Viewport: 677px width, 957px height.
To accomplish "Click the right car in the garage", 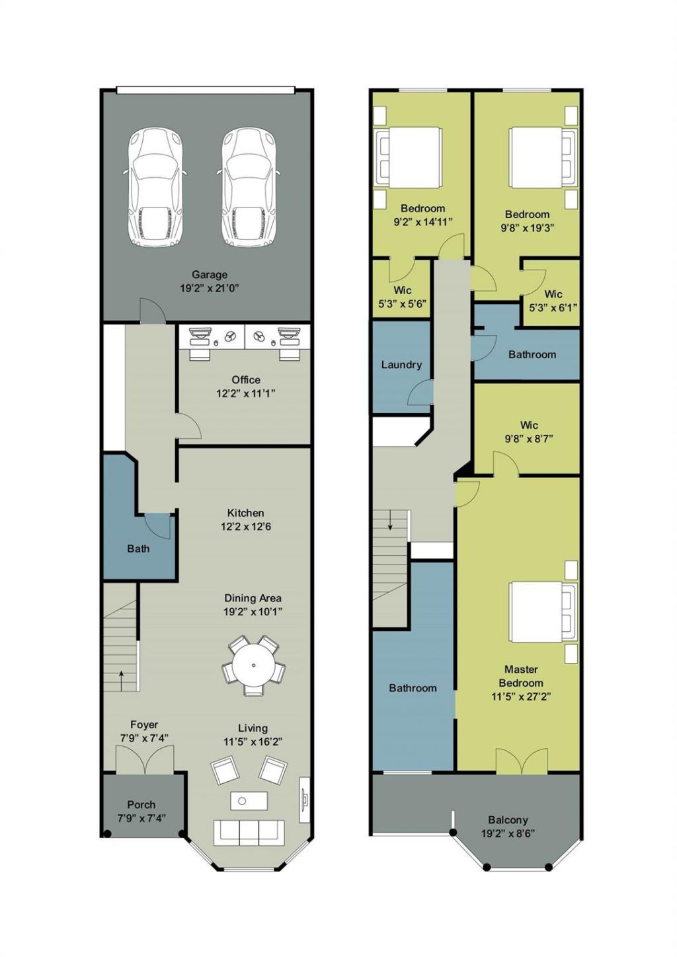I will [x=248, y=188].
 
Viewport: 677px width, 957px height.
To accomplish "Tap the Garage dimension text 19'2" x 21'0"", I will [x=209, y=288].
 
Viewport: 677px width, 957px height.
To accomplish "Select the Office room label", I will [x=246, y=379].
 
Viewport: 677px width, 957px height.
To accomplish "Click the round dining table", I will [x=253, y=665].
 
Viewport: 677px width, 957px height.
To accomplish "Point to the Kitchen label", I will [x=245, y=513].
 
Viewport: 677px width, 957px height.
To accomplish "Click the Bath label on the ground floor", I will [x=138, y=549].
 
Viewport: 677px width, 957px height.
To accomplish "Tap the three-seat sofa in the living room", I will [x=249, y=831].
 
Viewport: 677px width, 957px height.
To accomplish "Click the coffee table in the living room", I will [x=249, y=800].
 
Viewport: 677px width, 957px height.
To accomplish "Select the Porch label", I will [x=141, y=804].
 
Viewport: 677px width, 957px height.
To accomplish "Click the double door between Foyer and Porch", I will [x=145, y=759].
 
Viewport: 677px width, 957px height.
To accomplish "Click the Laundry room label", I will [x=401, y=365].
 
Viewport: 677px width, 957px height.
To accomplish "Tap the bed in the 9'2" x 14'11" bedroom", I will [x=410, y=157].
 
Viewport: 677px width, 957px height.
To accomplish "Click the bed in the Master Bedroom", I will [x=541, y=611].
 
